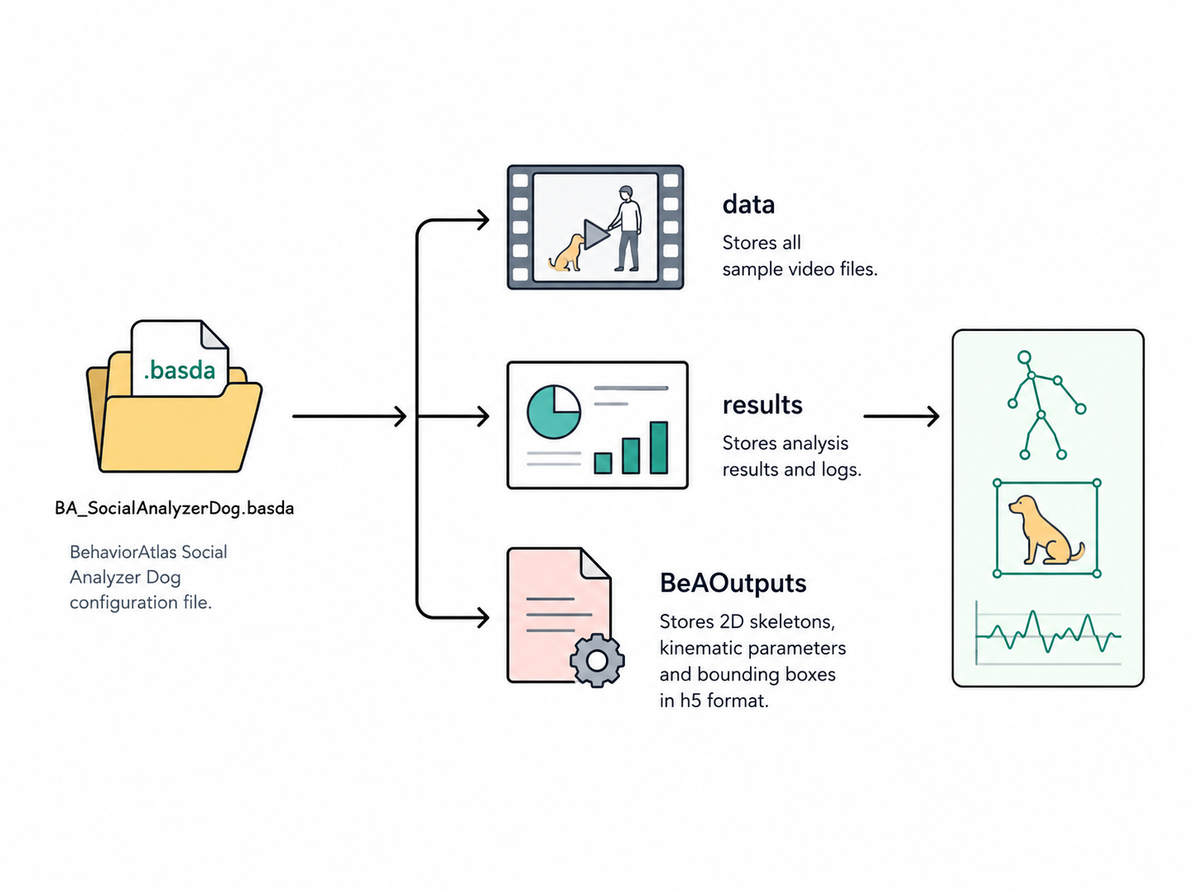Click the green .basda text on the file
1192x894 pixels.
pos(179,370)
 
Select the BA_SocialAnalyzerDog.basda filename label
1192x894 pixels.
pos(175,508)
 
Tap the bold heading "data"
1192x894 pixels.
pos(748,204)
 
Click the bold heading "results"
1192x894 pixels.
pos(762,405)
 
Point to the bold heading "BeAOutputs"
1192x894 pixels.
pos(733,583)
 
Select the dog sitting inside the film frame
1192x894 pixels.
pos(566,253)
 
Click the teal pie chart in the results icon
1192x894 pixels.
pos(554,412)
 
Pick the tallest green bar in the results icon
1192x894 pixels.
pos(659,448)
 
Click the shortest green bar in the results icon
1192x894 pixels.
pos(603,463)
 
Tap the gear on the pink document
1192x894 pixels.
pos(597,660)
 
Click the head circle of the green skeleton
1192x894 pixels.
pos(1023,357)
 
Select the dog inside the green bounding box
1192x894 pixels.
pos(1046,529)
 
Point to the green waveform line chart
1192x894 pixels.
pos(1048,632)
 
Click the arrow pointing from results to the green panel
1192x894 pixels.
pos(901,417)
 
